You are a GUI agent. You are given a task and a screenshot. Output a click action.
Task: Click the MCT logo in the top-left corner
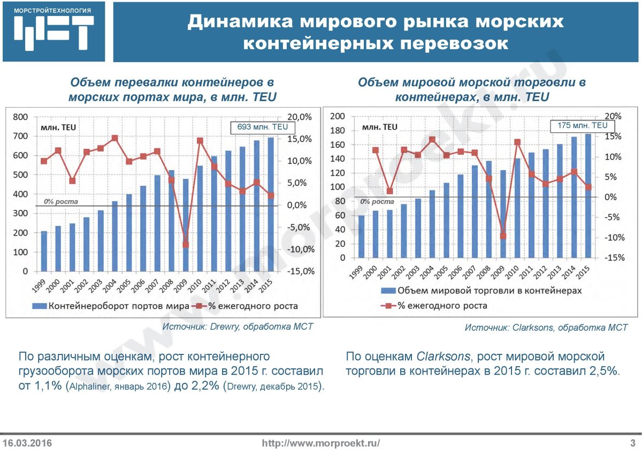(x=52, y=31)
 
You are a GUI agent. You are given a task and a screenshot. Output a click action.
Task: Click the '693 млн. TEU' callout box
(x=259, y=127)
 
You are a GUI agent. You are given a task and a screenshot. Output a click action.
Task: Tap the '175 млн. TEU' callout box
(x=582, y=125)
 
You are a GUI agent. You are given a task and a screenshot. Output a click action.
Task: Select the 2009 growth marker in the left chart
(x=186, y=244)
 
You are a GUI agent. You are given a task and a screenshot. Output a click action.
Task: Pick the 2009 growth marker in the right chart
(x=503, y=236)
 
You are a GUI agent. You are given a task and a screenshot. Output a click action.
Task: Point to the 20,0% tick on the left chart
(x=300, y=117)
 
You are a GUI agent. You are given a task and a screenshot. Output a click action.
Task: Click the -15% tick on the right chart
(x=613, y=258)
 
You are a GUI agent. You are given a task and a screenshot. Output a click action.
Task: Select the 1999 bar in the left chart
(x=44, y=251)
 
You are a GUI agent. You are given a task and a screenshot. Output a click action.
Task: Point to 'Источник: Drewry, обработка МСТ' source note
(x=238, y=327)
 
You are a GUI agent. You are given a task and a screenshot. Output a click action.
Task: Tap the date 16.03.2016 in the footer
(x=27, y=443)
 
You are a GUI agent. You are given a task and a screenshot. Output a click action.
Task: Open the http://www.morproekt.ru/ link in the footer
(x=321, y=443)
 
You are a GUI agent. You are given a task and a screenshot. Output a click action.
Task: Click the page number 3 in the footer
(x=632, y=443)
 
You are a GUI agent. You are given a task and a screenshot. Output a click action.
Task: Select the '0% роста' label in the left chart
(x=60, y=202)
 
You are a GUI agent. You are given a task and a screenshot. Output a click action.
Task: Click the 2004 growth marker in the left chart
(x=114, y=138)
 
